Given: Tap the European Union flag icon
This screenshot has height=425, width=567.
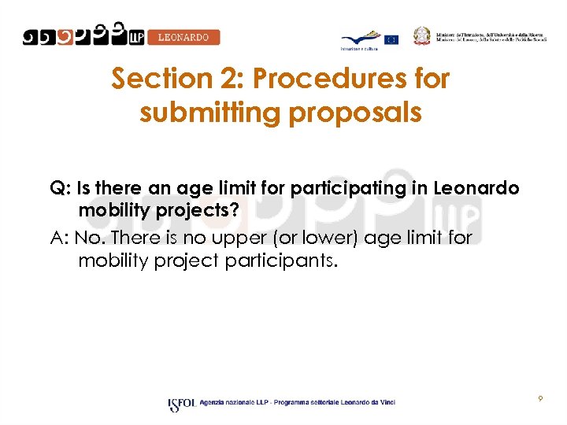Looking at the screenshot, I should pyautogui.click(x=391, y=39).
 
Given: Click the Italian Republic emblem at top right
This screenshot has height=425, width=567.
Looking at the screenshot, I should pyautogui.click(x=424, y=35).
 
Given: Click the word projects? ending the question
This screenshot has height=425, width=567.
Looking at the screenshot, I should pyautogui.click(x=195, y=213).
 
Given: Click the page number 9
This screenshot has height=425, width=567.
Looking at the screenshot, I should pyautogui.click(x=540, y=399).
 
